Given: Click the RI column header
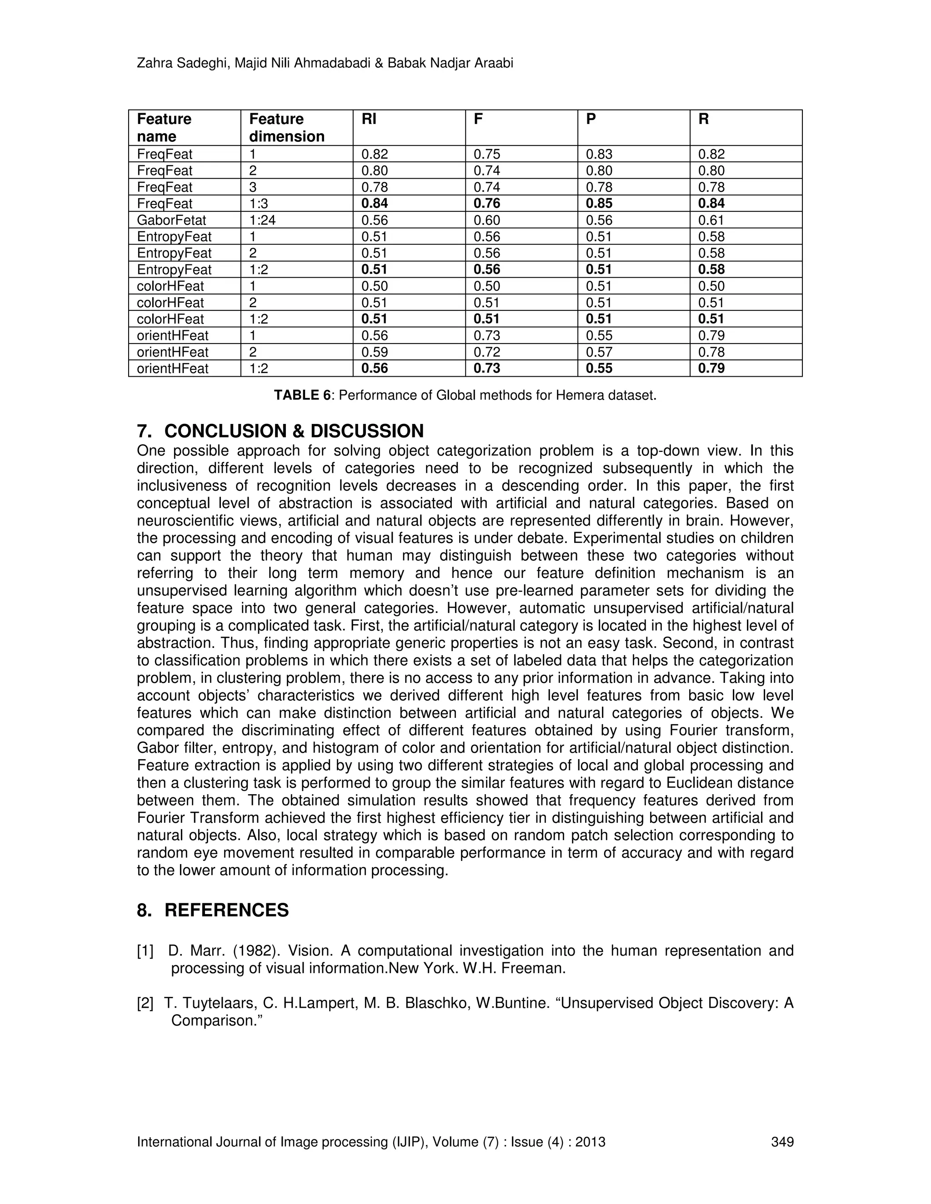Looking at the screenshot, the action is pos(369,119).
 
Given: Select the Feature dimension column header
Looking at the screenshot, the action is pos(286,128).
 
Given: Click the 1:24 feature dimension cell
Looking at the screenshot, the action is pos(262,220).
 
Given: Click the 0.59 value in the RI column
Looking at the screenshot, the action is pos(375,352).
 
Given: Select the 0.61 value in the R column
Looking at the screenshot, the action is pos(711,220).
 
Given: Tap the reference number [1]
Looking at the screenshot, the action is pos(145,951).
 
